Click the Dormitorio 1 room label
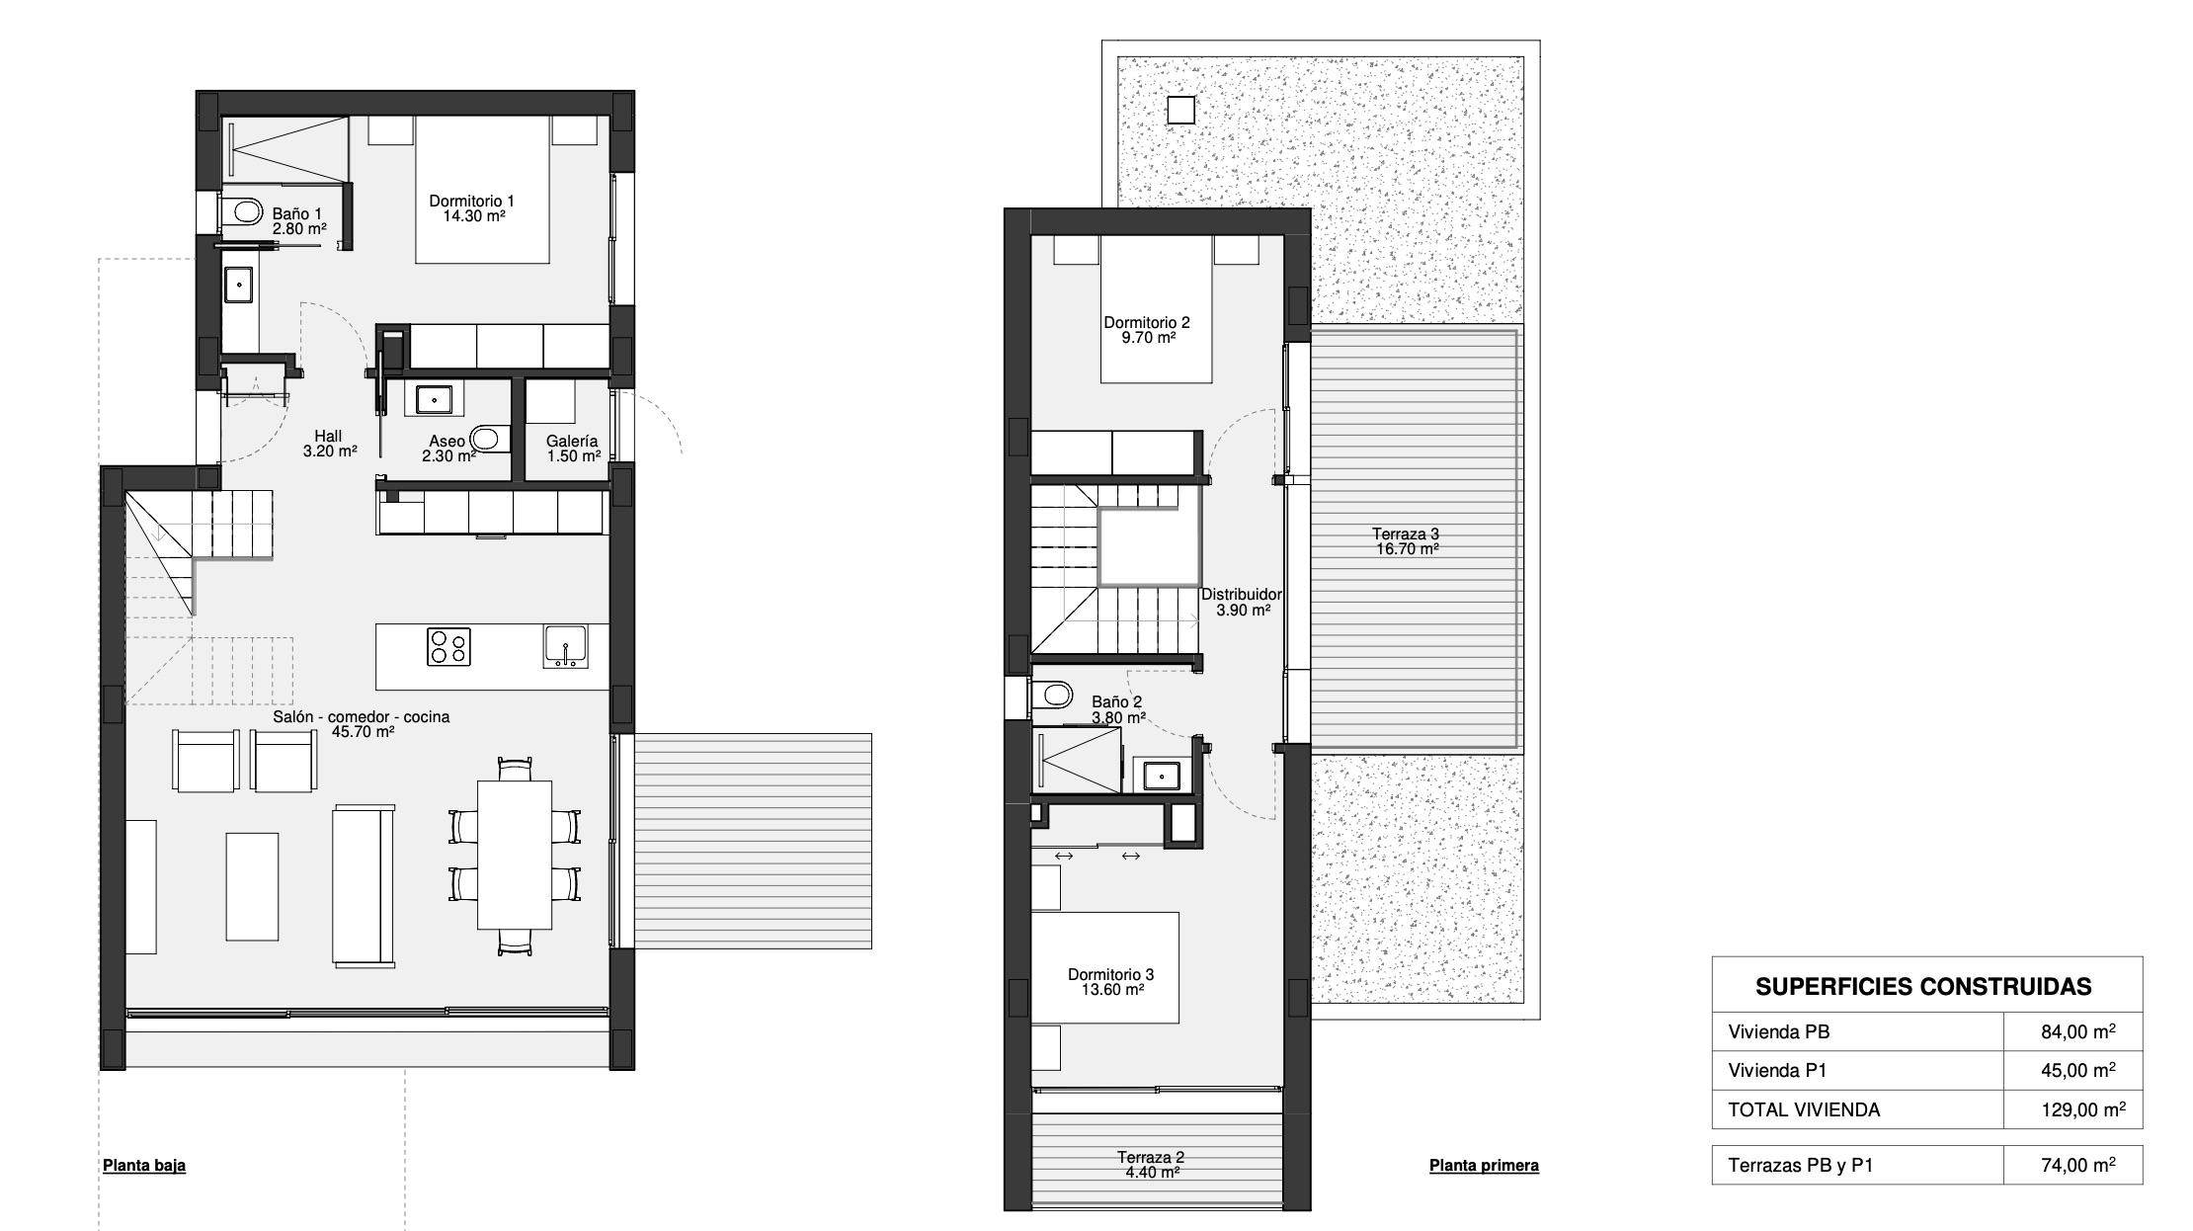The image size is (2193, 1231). pos(471,208)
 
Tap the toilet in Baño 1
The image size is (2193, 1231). pos(242,210)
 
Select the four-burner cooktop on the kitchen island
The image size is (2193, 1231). pos(448,647)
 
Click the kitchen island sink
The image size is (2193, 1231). pos(564,646)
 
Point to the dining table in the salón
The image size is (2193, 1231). pos(515,855)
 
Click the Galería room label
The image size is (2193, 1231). pos(573,449)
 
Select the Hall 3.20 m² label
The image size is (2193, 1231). pos(329,443)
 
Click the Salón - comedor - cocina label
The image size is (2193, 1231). pos(362,724)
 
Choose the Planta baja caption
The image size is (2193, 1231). pos(144,1166)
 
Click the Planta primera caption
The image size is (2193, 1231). pos(1484,1166)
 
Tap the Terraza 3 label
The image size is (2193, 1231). pos(1407,541)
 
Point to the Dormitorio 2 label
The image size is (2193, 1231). pos(1147,329)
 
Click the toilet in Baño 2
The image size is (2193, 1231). pos(1053,695)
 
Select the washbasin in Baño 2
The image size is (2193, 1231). pos(1162,776)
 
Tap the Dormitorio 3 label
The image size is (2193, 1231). pos(1110,982)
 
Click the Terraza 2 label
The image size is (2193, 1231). pos(1151,1165)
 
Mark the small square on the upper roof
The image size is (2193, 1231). pos(1180,110)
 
